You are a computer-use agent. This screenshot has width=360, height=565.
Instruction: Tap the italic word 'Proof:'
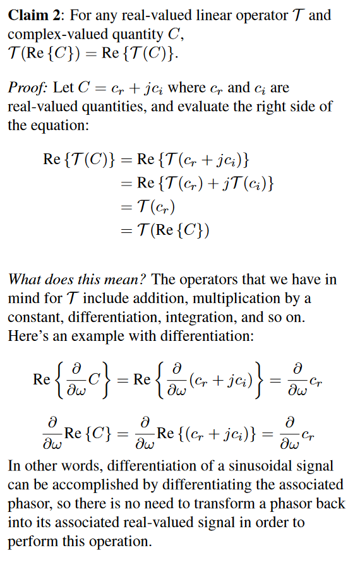pyautogui.click(x=26, y=88)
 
